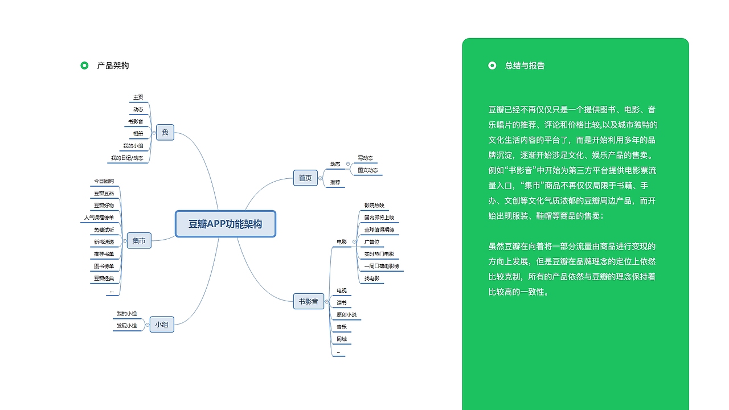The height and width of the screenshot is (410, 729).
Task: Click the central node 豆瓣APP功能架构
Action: click(x=225, y=224)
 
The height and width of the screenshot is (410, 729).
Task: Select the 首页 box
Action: click(x=305, y=178)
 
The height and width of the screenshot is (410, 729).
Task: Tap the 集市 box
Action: click(x=139, y=241)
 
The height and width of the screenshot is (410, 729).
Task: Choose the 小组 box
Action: click(x=162, y=325)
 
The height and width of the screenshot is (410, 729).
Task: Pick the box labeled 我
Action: click(x=165, y=133)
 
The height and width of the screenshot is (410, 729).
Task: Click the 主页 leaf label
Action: click(x=138, y=97)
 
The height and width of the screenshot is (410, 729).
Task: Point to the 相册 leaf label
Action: click(x=138, y=134)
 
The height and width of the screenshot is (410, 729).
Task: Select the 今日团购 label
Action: click(x=104, y=181)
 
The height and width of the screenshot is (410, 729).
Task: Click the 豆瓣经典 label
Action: click(x=104, y=278)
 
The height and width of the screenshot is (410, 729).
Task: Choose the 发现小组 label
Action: click(x=126, y=326)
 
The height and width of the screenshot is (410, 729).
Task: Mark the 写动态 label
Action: click(x=365, y=158)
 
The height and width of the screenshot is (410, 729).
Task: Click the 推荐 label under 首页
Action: click(x=335, y=182)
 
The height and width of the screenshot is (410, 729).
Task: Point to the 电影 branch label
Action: click(x=341, y=242)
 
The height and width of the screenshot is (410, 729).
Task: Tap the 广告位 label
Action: click(x=371, y=242)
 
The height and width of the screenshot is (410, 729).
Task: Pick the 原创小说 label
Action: click(x=346, y=315)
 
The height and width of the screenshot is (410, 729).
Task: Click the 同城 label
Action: click(x=341, y=339)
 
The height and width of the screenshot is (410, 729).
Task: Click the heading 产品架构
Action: click(x=113, y=65)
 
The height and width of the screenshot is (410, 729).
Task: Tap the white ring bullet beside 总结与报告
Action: click(x=492, y=65)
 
